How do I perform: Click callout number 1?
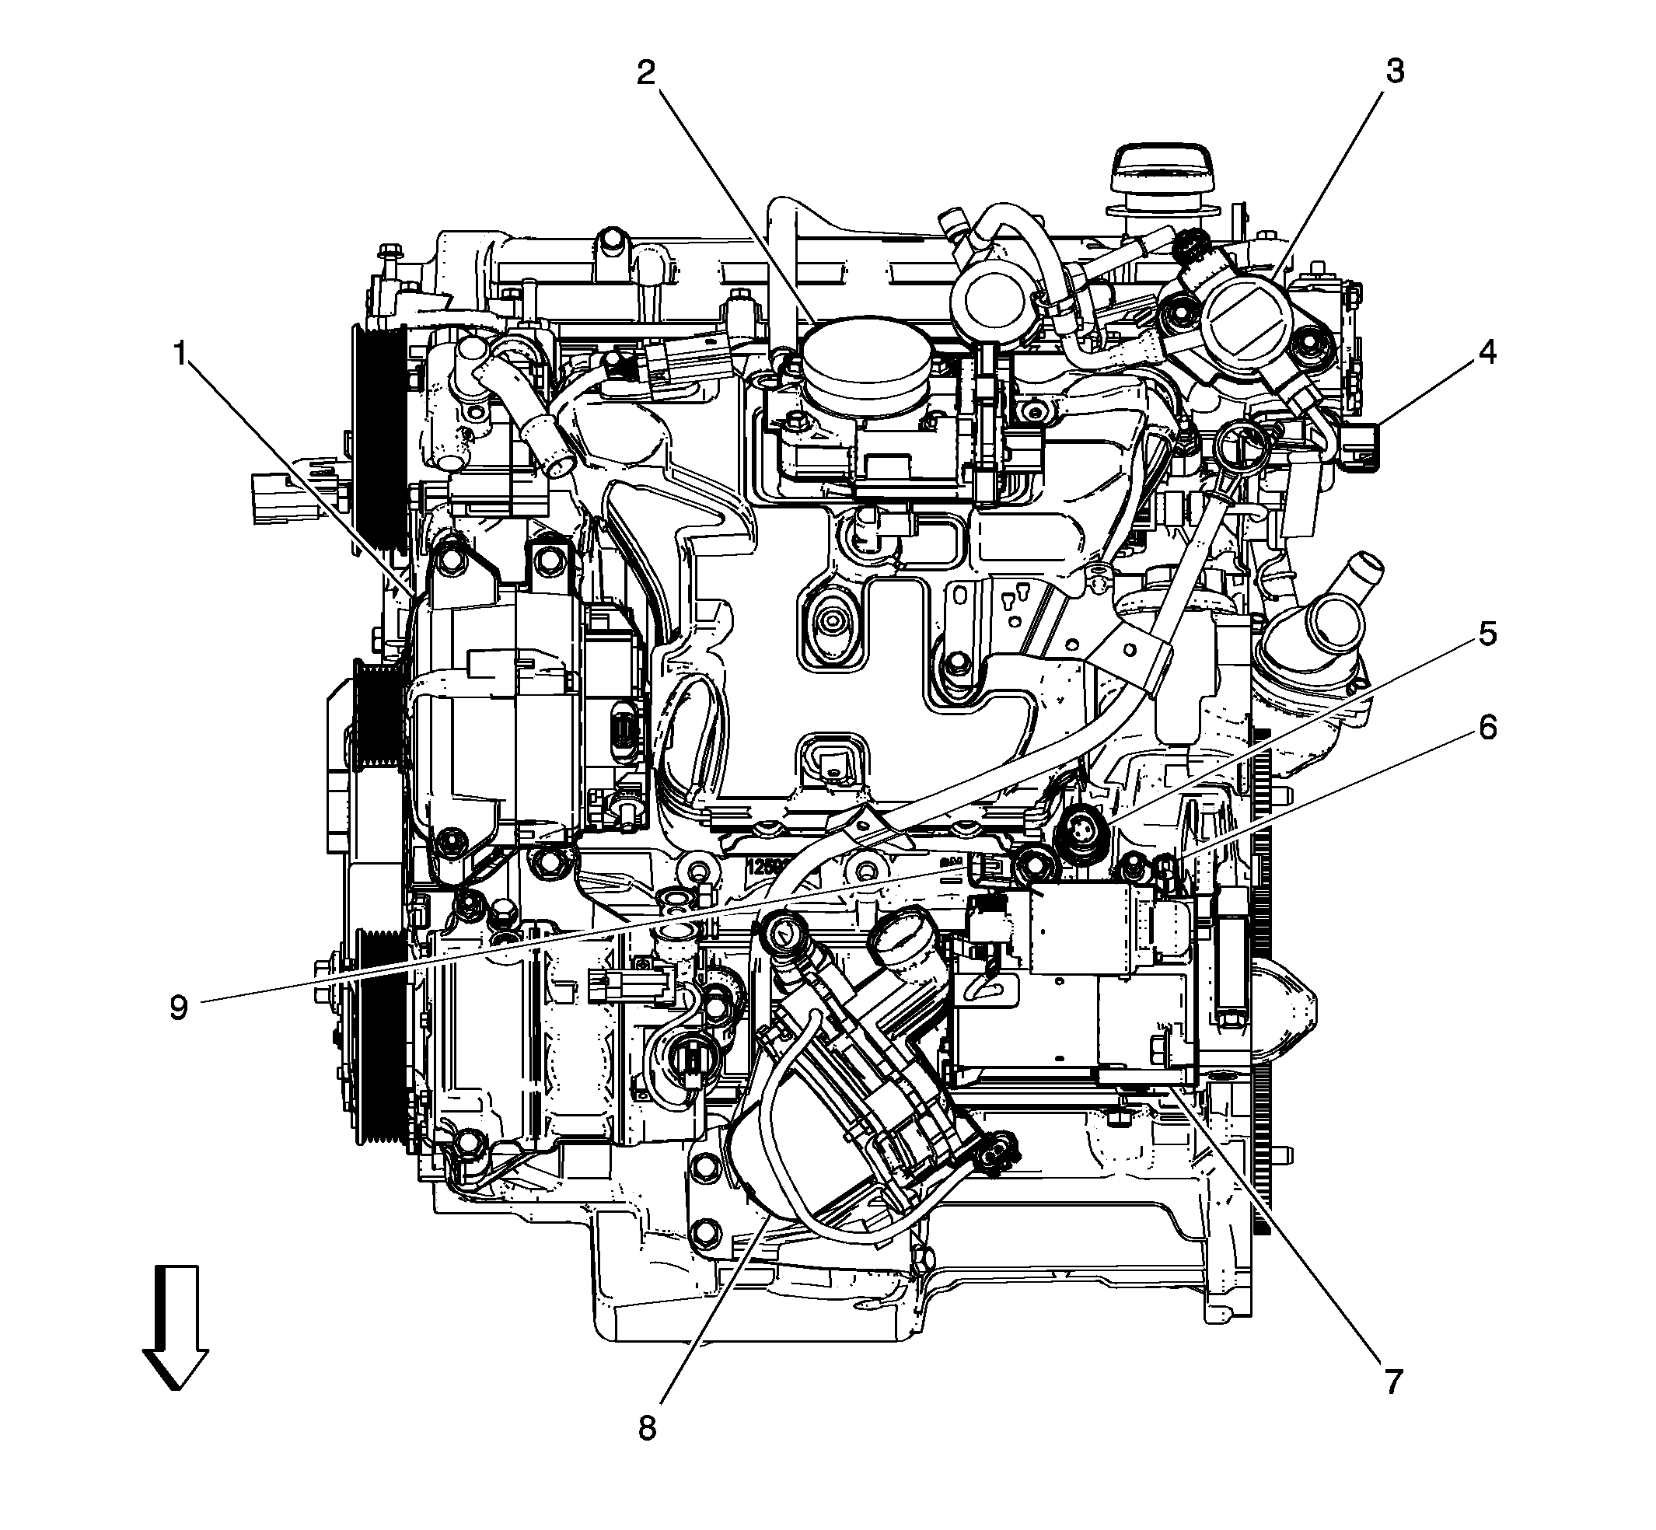[179, 355]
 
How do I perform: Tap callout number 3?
[1396, 73]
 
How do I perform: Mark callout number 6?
[1487, 728]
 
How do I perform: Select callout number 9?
[179, 1008]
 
